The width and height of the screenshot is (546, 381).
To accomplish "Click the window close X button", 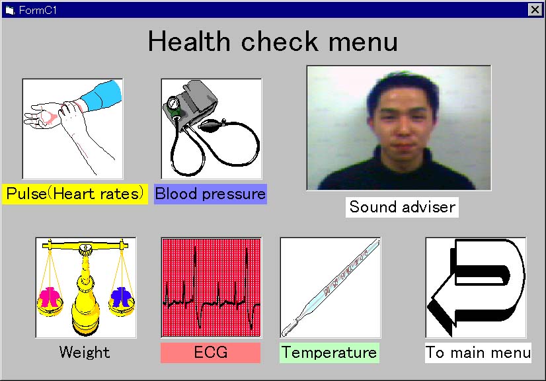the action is [535, 9].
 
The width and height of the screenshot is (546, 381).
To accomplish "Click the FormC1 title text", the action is [38, 10].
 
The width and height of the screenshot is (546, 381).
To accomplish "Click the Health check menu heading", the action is [272, 41].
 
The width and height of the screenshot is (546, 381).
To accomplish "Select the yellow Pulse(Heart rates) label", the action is [75, 194].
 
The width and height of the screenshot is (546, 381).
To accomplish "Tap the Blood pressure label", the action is [210, 194].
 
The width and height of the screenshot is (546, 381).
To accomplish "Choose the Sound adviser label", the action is [402, 207].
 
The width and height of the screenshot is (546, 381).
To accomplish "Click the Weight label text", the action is [85, 352].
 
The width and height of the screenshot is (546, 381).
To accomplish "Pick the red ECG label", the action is [210, 353].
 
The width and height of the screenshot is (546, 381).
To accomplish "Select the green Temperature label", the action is [329, 353].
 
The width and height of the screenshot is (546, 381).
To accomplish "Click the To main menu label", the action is [478, 353].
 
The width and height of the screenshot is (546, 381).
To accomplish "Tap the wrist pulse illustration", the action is [73, 129].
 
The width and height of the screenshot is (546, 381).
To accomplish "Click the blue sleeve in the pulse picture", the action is [102, 95].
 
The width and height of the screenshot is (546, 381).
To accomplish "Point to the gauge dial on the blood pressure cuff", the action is [173, 104].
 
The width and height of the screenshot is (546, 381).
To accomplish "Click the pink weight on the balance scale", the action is [50, 297].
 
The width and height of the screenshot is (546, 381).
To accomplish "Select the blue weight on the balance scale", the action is [121, 297].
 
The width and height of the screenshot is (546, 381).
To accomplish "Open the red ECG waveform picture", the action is [212, 288].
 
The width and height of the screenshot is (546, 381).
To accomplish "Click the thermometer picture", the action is [331, 288].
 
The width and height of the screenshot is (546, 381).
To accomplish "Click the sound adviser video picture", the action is [399, 128].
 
